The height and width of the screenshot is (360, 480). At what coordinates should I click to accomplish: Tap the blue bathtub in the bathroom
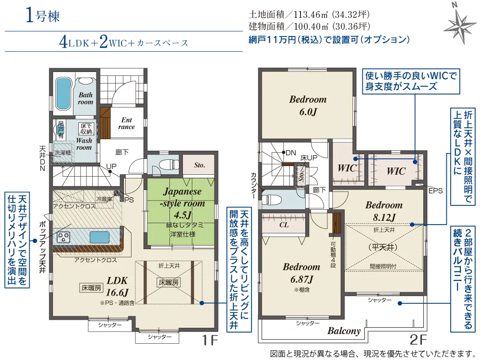(x=63, y=94)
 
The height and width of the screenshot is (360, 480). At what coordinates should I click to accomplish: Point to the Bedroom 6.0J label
(x=308, y=105)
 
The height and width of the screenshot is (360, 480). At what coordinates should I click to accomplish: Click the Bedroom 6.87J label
(x=301, y=273)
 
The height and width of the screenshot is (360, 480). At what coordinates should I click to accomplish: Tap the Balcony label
(x=344, y=331)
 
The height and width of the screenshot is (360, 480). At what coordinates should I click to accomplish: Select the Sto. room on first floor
(x=200, y=165)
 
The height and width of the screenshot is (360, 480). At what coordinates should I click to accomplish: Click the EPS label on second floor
(x=435, y=191)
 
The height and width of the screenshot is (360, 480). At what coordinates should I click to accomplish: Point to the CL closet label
(x=284, y=224)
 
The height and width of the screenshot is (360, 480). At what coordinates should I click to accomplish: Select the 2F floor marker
(x=418, y=340)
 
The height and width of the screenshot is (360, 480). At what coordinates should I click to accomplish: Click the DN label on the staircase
(x=291, y=153)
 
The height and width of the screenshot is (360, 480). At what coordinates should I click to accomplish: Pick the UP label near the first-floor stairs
(x=111, y=166)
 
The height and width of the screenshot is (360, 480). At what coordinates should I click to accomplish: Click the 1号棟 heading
(x=43, y=16)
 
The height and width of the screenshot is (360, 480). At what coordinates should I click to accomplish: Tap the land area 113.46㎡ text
(x=309, y=14)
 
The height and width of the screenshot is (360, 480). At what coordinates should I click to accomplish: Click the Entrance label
(x=127, y=123)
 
